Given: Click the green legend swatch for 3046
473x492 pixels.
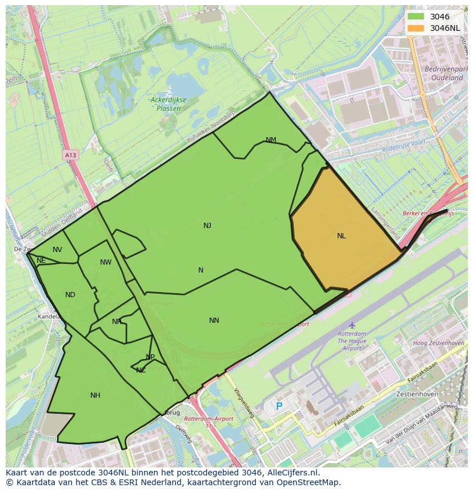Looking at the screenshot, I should pos(415,17).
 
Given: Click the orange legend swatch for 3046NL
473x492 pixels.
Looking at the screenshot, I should pos(415,28).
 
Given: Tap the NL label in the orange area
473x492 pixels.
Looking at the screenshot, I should pos(341,236).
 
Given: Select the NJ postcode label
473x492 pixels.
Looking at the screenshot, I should pos(207,226).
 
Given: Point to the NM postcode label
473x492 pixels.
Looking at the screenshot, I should pos(271,140).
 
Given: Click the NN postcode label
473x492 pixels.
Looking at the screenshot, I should pos(214,321).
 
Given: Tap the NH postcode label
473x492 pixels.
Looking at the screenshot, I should pos(95,395).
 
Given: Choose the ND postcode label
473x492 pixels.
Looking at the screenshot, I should pos(70,295).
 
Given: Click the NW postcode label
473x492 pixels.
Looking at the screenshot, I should pos(106,262).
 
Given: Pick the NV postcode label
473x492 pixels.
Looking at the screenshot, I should pos(57,250).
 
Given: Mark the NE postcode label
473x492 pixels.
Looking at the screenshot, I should pos(41,261).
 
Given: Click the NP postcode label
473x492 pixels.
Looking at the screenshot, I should pos(150,357).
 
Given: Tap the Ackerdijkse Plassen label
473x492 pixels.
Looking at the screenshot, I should pos(166,103).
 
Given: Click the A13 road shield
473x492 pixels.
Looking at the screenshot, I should pos(70,155).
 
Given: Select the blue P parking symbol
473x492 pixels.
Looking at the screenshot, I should pos(279,406).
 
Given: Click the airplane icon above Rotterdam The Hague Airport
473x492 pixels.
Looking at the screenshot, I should pos(352,325).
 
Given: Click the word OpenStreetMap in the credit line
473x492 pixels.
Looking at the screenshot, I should pos(308,482).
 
